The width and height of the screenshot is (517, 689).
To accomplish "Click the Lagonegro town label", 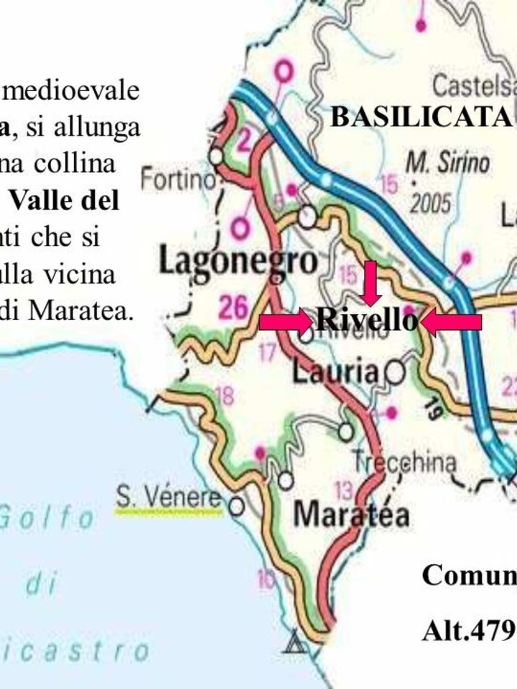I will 237,263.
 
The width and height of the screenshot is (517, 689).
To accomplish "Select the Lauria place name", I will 335,372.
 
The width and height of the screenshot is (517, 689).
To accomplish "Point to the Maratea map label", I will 352,514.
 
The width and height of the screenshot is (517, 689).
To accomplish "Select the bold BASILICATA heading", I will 420,117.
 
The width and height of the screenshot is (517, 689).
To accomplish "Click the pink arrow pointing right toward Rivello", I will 287,322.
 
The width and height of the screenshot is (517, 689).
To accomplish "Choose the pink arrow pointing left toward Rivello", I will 452,323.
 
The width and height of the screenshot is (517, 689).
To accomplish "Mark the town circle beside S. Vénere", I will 236,507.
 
